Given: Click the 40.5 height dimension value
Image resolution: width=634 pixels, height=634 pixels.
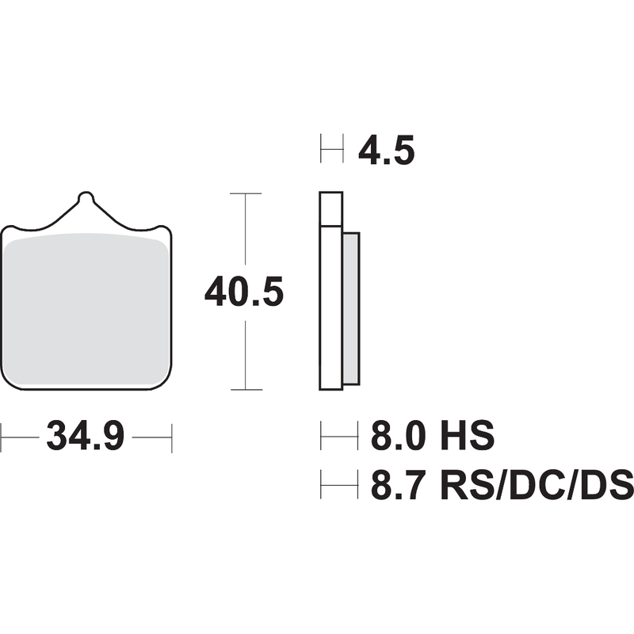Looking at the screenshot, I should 243,292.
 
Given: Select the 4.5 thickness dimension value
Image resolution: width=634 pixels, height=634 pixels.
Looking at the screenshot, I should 386,151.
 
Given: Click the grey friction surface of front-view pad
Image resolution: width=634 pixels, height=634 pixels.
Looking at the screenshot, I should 87,309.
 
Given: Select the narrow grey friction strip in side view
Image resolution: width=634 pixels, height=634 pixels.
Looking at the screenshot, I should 351,307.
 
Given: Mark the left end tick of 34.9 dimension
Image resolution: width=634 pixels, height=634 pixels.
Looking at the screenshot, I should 2,437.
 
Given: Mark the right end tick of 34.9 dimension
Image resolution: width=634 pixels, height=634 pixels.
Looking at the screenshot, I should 172,437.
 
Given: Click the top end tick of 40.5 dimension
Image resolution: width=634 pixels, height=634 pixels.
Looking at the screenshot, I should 246,193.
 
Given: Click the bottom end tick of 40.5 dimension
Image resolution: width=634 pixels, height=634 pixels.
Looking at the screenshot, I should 246,389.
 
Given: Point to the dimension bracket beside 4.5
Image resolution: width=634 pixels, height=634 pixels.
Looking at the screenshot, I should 331,149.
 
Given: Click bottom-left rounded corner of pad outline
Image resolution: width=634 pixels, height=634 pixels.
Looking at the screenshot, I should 10,383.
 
